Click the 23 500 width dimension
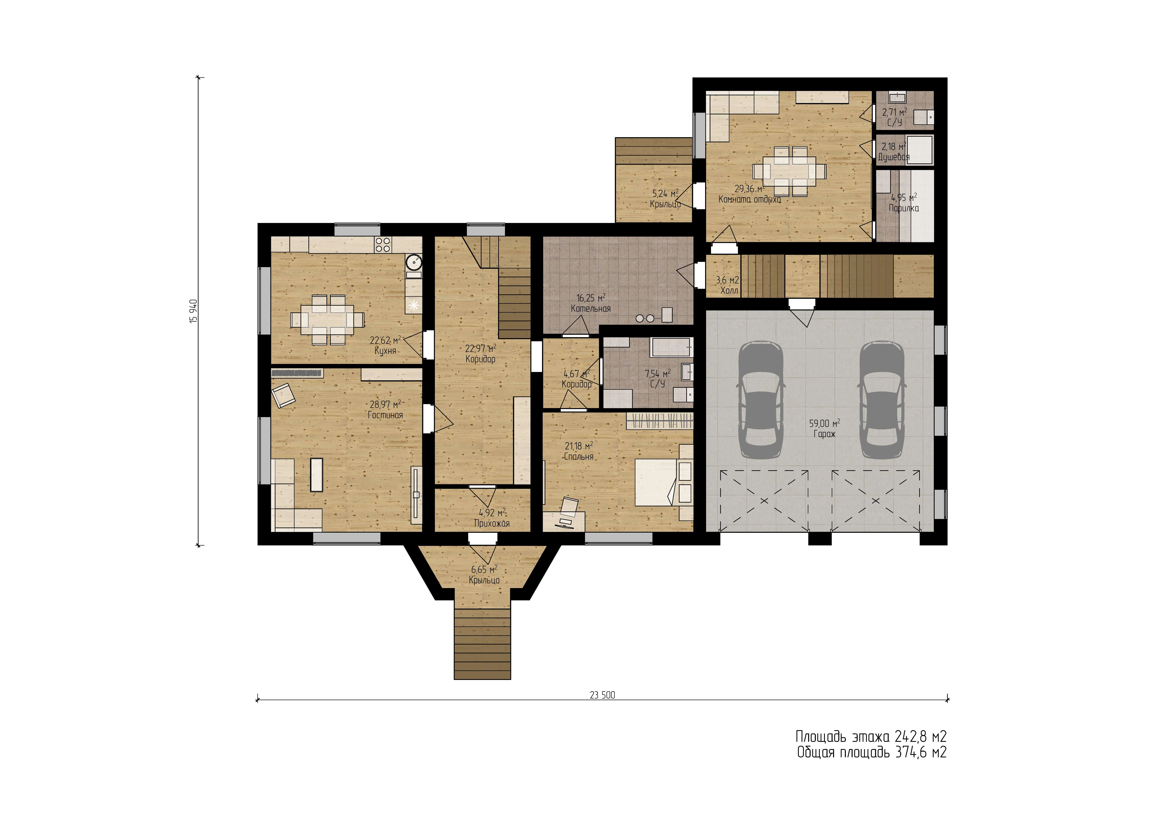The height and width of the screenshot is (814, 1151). tap(602, 695)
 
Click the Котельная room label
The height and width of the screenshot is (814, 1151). tap(591, 308)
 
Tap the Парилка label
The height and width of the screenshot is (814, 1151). tap(904, 208)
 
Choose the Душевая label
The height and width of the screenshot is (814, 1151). tap(894, 157)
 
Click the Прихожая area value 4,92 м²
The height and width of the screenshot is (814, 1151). tap(492, 513)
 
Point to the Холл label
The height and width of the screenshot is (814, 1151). tap(729, 290)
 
